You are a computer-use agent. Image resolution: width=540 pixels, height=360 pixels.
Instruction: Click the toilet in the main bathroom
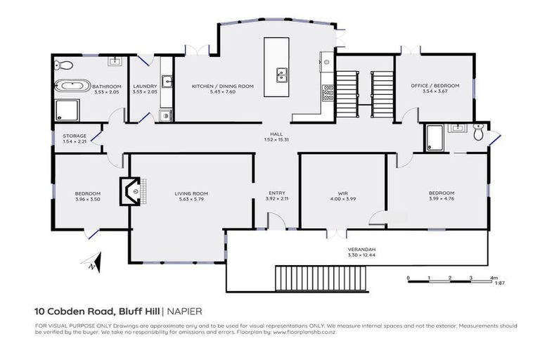click(x=64, y=65)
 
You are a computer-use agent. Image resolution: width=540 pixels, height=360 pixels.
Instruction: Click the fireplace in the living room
click(x=130, y=190)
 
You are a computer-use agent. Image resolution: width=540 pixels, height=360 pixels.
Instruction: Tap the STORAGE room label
click(x=75, y=136)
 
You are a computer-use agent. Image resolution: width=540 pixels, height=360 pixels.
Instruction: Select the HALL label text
click(x=278, y=134)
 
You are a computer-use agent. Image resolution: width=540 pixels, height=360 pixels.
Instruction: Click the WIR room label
click(x=343, y=193)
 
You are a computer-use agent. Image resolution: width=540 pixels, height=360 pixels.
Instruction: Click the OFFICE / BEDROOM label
click(x=435, y=86)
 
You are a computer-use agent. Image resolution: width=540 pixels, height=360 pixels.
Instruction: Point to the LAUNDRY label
click(x=144, y=86)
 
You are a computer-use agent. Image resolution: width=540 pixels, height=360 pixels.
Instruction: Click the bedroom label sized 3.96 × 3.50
click(x=88, y=193)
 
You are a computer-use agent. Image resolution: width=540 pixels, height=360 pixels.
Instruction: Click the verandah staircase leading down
click(x=321, y=278)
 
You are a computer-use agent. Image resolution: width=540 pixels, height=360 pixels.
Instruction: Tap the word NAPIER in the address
click(x=186, y=310)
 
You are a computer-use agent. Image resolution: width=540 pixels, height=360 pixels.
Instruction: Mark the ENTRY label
click(x=277, y=193)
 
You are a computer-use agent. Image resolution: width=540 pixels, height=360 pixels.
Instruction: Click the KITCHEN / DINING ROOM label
click(x=223, y=86)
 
